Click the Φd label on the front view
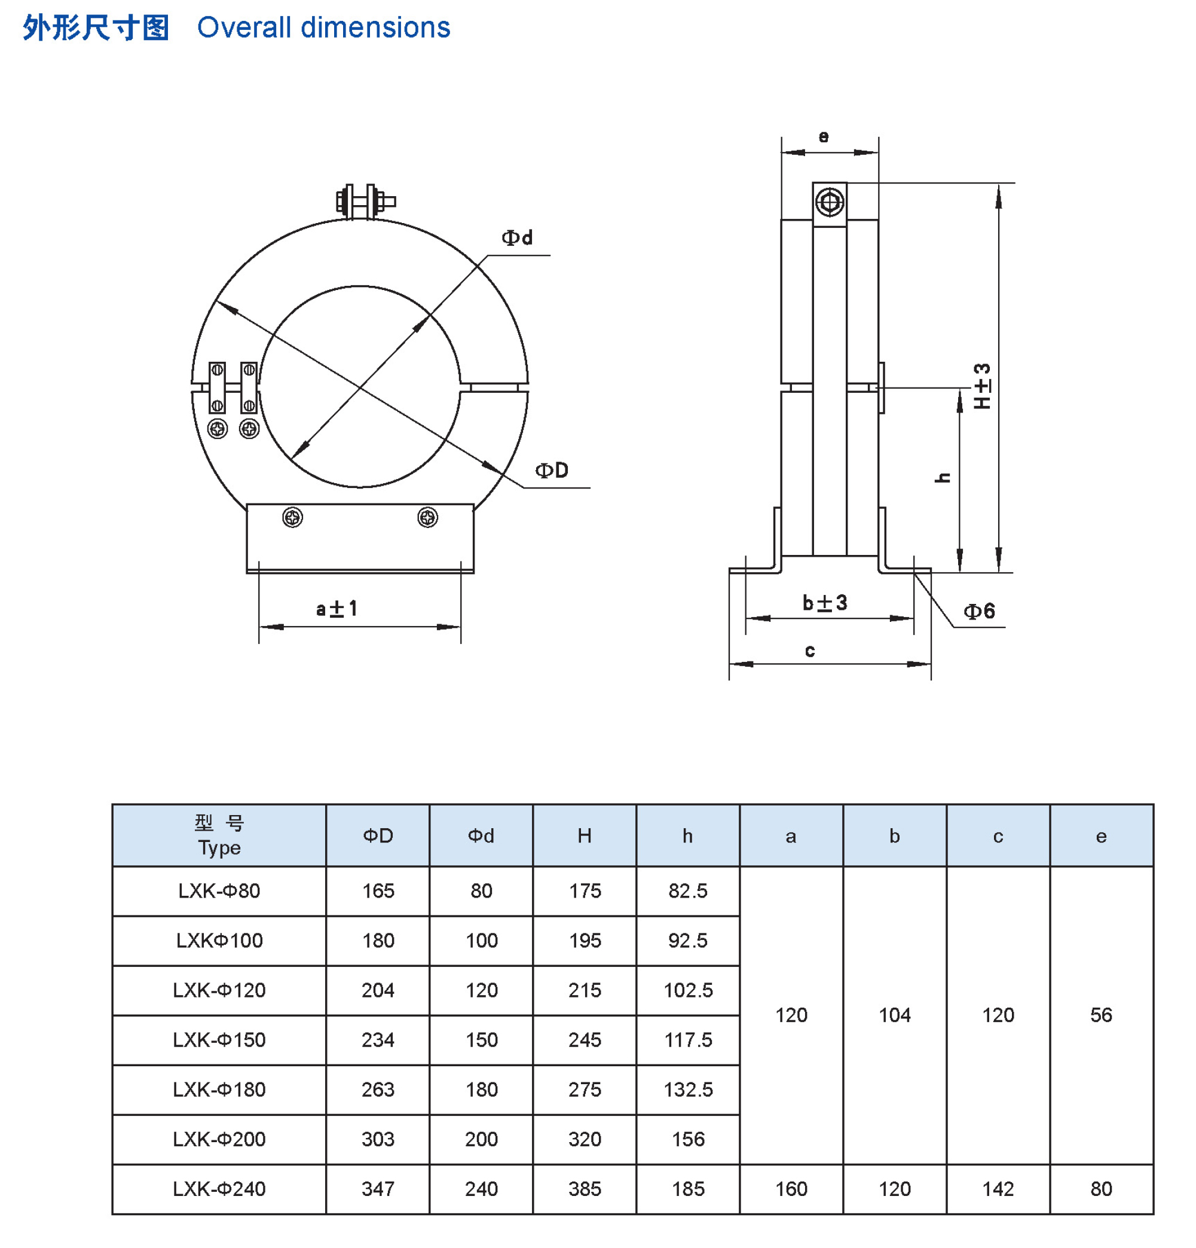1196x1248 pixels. (x=516, y=237)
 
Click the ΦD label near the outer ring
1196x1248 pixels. (x=550, y=470)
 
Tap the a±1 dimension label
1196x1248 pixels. (x=337, y=609)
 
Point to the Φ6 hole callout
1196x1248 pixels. (x=978, y=611)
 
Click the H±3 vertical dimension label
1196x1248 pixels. (x=981, y=386)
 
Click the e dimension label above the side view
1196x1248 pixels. (x=823, y=136)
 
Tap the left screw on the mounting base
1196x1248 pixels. (x=292, y=517)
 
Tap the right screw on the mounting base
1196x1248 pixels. (x=427, y=517)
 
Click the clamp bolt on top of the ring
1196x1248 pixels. (x=365, y=201)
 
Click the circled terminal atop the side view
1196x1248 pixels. (x=830, y=203)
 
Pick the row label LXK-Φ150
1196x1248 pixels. (x=219, y=1040)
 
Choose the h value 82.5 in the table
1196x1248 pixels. (x=687, y=890)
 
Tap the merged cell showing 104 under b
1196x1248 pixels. (x=894, y=1015)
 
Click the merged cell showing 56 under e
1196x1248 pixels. (x=1100, y=1015)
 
